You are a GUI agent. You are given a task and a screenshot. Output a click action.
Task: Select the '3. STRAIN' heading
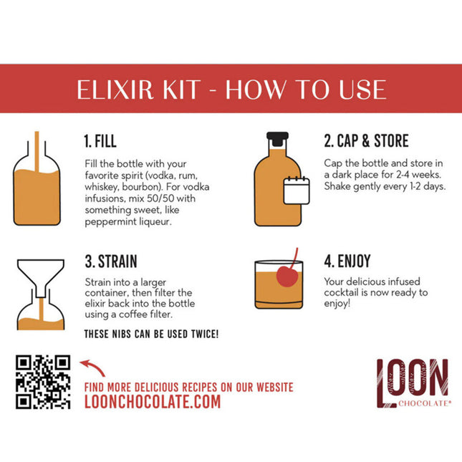(110, 261)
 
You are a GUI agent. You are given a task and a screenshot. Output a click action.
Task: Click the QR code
(43, 382)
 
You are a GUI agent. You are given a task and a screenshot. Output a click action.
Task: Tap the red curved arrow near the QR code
(93, 367)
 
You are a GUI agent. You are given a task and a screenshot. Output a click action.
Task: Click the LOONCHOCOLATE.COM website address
(153, 402)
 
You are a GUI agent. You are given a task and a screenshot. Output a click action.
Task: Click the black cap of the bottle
(277, 136)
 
